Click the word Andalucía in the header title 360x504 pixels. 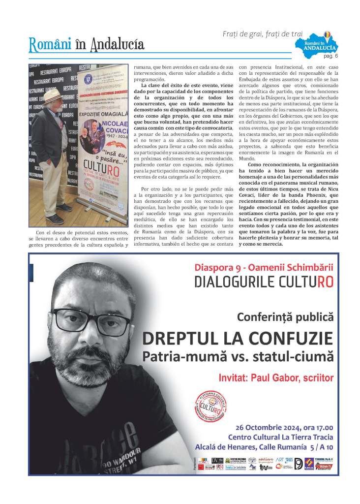[117, 44]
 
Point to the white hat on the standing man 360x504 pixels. [53, 94]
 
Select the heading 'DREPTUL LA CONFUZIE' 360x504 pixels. [238, 339]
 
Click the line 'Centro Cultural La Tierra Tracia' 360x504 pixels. [280, 437]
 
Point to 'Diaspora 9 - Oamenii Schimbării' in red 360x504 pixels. [264, 268]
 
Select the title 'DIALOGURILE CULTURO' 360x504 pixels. [264, 282]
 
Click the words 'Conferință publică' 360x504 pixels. [285, 317]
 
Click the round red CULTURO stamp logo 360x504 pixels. [213, 406]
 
